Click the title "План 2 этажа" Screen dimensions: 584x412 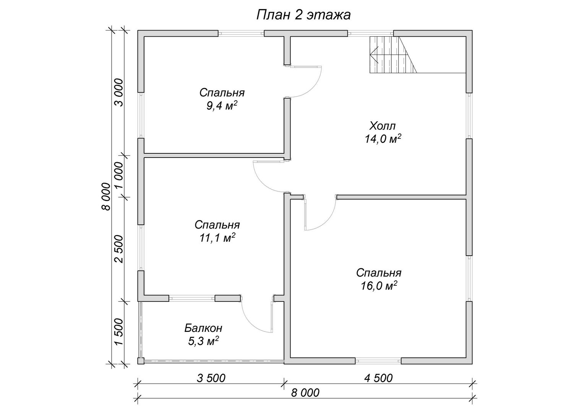[x=303, y=15]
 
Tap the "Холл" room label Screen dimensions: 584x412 [x=383, y=126]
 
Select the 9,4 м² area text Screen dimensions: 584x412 [x=222, y=106]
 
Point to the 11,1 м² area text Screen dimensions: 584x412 [x=217, y=238]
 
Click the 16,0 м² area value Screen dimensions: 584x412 [x=379, y=286]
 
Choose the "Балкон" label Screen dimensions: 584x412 [x=203, y=328]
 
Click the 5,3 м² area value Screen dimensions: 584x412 [x=203, y=341]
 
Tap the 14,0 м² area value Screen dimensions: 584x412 [x=383, y=139]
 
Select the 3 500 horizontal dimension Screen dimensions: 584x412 [x=211, y=378]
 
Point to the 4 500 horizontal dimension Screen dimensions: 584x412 [x=378, y=378]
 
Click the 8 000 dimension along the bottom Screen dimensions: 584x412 [x=305, y=393]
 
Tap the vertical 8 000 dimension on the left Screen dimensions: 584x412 [x=106, y=196]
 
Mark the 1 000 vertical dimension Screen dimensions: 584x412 [x=118, y=176]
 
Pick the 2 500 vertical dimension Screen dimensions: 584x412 [x=118, y=249]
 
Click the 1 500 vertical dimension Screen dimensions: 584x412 [x=118, y=332]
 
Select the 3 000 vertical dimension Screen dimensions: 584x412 [x=118, y=92]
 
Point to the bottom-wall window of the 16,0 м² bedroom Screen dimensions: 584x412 [x=378, y=361]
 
